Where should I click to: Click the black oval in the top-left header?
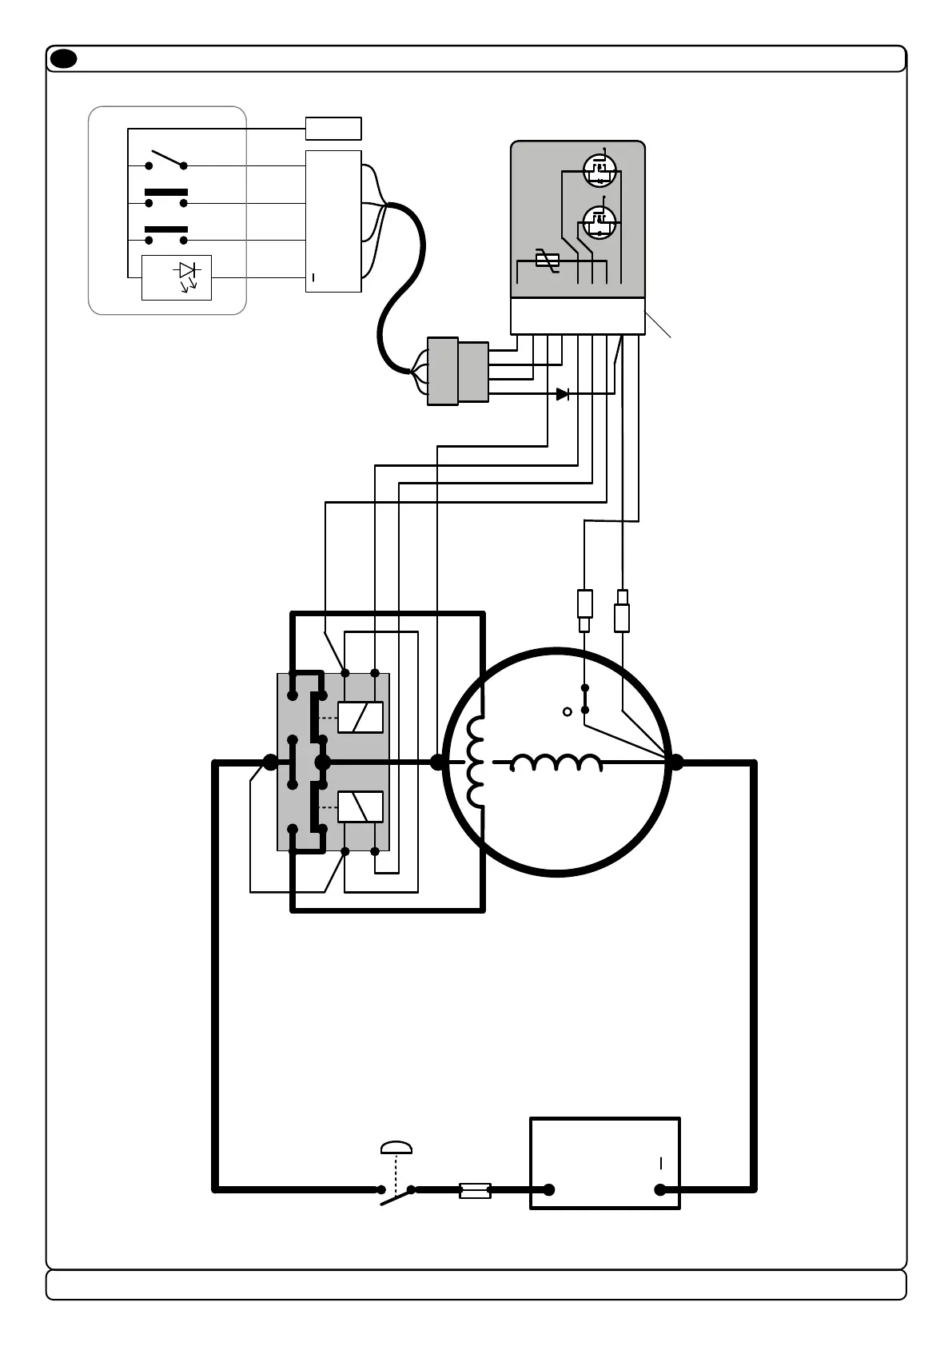(63, 59)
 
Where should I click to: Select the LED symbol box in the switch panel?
(177, 277)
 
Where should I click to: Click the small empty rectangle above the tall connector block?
(333, 129)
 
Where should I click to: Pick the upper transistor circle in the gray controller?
(599, 169)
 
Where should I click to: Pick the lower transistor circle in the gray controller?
(599, 221)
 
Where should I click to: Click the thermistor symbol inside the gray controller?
(547, 258)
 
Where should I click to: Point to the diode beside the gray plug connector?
(563, 394)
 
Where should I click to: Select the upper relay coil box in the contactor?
(360, 717)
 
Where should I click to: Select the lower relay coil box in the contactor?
(360, 806)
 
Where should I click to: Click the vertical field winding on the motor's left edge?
(476, 762)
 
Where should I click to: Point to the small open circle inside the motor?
(568, 711)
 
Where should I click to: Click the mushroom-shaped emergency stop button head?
(396, 1149)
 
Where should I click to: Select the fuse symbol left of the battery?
(475, 1190)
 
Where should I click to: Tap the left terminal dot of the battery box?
(549, 1190)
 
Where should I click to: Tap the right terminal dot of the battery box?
(660, 1190)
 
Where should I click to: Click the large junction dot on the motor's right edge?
(675, 763)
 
